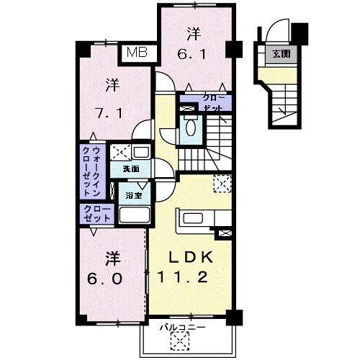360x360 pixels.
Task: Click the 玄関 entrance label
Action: click(x=280, y=53)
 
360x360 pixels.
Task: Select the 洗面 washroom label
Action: click(x=130, y=169)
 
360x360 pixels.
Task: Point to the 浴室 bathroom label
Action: click(x=133, y=194)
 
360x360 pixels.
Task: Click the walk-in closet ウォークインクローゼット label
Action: click(x=92, y=172)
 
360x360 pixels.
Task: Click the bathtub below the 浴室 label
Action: click(x=133, y=215)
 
